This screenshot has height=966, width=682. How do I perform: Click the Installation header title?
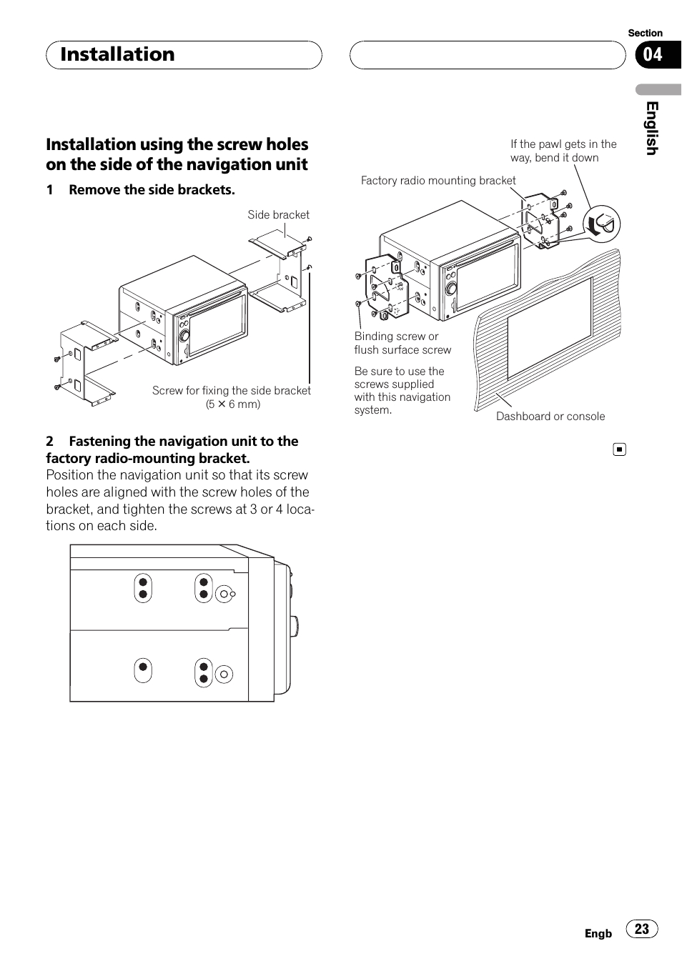coord(117,54)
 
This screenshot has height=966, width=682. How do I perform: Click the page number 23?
coord(642,928)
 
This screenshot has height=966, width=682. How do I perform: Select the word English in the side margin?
coord(651,128)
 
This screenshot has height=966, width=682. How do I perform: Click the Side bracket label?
coord(278,214)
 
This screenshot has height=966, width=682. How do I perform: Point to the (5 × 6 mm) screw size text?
coord(233,404)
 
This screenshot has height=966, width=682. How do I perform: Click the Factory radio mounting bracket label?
coord(438,180)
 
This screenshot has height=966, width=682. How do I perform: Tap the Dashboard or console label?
coord(550,416)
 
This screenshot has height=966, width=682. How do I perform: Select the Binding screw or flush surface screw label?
coord(402,343)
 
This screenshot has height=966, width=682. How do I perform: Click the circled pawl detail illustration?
coord(601,224)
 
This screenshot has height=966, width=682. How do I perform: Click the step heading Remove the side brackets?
coord(152,189)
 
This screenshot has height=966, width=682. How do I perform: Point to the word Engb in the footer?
coord(598,933)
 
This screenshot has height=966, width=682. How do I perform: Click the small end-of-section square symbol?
coord(620,449)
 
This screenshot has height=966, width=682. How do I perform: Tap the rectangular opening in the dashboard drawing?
coord(549,329)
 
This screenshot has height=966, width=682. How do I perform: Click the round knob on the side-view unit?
coord(294,627)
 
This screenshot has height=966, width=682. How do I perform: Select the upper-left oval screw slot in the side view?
coord(143,587)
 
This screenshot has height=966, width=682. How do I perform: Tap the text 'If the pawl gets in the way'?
coord(563,151)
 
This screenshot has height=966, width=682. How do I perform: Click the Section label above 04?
coord(645,33)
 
